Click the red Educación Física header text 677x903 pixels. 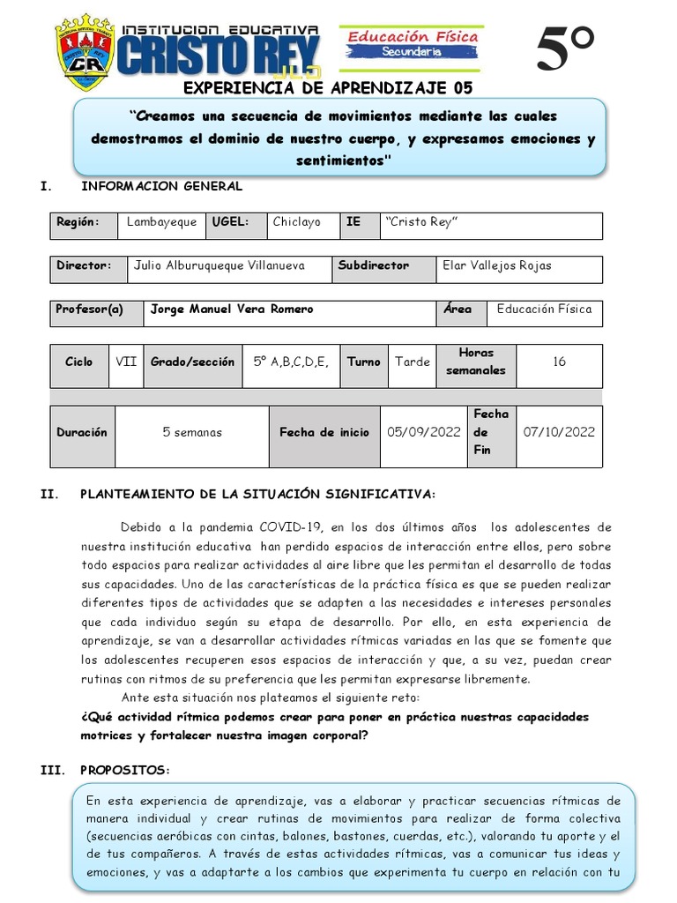pyautogui.click(x=413, y=36)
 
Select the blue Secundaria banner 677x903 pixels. pyautogui.click(x=413, y=53)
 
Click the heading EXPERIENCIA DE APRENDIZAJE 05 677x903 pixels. pyautogui.click(x=328, y=87)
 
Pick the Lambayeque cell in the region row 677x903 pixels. pyautogui.click(x=161, y=223)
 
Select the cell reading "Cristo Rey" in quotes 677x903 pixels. pyautogui.click(x=420, y=223)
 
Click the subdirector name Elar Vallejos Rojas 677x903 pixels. pyautogui.click(x=497, y=265)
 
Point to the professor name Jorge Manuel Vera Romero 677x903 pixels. pyautogui.click(x=232, y=310)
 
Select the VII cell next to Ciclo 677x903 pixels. pyautogui.click(x=126, y=362)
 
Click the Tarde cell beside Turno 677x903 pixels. pyautogui.click(x=413, y=362)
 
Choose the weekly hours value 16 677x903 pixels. pyautogui.click(x=559, y=362)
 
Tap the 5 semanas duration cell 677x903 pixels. pyautogui.click(x=192, y=432)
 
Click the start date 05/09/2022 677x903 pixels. pyautogui.click(x=424, y=432)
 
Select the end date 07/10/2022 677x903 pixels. pyautogui.click(x=559, y=432)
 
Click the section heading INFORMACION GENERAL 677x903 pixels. pyautogui.click(x=161, y=186)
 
